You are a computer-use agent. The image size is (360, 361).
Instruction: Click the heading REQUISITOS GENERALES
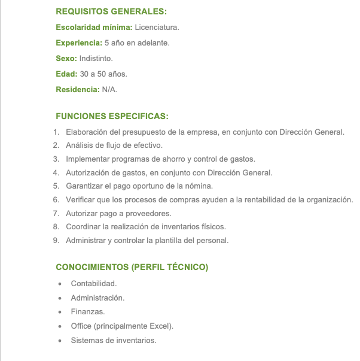[x=111, y=12]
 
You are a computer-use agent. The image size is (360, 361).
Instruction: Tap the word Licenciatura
[x=157, y=28]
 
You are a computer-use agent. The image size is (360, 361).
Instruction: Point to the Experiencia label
[x=78, y=43]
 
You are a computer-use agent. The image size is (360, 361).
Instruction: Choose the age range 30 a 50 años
[x=103, y=74]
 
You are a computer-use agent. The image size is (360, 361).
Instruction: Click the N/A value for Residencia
[x=109, y=90]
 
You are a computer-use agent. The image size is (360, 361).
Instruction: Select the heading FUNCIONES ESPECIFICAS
[x=112, y=116]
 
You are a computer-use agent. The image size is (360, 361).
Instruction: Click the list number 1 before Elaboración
[x=55, y=132]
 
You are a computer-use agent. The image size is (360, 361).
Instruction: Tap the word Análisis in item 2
[x=80, y=145]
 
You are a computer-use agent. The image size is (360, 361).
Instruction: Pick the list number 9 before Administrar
[x=55, y=241]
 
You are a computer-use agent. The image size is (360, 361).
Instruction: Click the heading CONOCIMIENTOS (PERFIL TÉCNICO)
[x=132, y=267]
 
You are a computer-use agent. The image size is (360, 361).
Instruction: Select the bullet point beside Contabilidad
[x=60, y=283]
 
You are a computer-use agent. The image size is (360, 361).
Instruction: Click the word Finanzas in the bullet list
[x=87, y=312]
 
